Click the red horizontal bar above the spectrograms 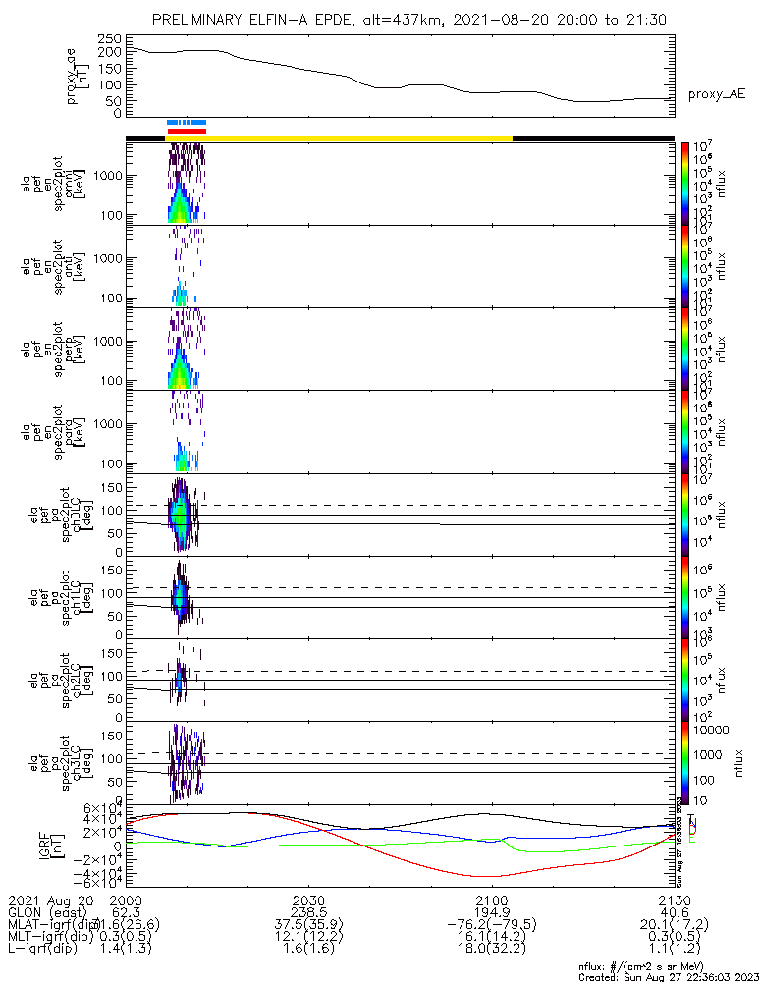pos(187,131)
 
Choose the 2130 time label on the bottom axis pos(674,900)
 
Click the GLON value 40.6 pos(674,912)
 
